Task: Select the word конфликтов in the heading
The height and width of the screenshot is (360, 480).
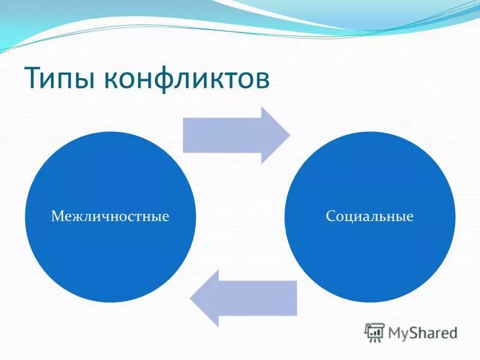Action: click(186, 79)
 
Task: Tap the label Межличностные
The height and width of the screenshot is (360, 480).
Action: click(110, 215)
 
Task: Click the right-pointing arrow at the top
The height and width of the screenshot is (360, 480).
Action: click(236, 135)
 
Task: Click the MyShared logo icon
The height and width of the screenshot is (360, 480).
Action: click(375, 331)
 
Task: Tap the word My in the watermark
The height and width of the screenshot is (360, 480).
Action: click(398, 332)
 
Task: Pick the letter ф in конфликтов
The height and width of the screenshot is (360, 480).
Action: click(169, 80)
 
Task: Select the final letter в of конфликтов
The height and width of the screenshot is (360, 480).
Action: click(262, 82)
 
